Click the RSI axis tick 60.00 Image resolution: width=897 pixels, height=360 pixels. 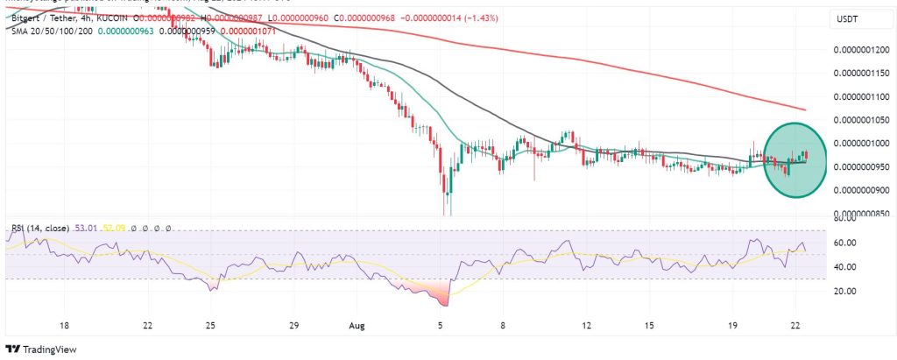[844, 242]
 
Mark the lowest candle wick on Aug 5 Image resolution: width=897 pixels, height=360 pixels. [446, 212]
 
